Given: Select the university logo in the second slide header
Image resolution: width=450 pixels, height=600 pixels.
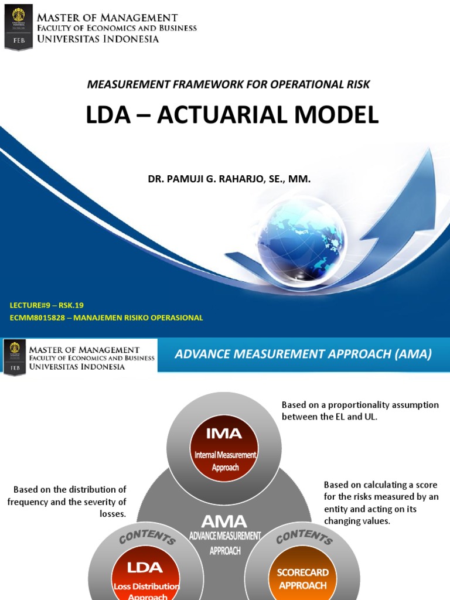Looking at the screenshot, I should (15, 357).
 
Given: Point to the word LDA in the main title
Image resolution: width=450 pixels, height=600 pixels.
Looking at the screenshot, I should (109, 115).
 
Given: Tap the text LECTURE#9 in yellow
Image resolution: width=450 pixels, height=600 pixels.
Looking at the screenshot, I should (31, 305).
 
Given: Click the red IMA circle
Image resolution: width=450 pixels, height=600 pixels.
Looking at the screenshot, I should (224, 445).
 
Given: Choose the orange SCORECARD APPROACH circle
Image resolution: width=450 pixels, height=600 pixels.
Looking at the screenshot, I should (302, 577).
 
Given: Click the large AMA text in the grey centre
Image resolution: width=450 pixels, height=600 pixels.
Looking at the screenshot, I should (224, 521).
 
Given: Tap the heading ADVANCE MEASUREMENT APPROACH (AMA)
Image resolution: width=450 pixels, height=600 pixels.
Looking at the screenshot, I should (303, 354).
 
